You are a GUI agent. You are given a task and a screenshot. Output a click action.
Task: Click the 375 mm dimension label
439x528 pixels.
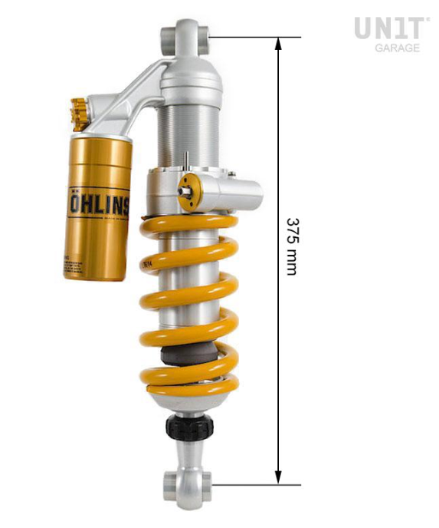[x=292, y=246]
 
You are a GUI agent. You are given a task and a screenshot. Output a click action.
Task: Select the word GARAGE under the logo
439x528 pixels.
[x=397, y=48]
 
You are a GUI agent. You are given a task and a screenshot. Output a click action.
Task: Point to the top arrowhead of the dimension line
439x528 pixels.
[x=278, y=43]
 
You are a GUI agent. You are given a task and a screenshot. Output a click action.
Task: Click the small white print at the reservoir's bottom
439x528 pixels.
[x=85, y=265]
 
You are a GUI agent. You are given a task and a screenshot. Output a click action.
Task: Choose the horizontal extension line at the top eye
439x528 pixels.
[x=253, y=36]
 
